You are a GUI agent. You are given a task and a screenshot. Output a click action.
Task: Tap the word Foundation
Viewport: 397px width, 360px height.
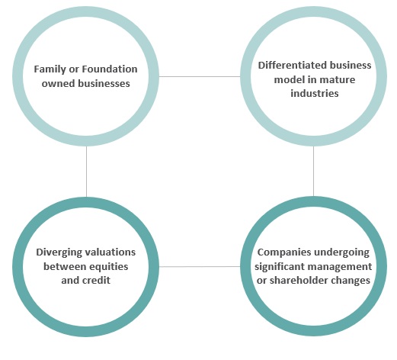[110, 69]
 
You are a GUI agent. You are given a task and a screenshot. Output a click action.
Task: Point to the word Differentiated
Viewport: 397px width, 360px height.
[290, 66]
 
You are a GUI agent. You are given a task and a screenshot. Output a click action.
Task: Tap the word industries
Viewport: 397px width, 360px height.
[315, 93]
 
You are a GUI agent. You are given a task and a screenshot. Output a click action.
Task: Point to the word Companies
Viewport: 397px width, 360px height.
[284, 252]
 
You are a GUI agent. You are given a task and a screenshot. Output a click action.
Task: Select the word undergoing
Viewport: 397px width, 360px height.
[342, 252]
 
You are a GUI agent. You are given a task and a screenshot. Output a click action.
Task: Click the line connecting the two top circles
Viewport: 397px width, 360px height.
[200, 76]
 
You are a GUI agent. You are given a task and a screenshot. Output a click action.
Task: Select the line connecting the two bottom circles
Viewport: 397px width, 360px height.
[200, 266]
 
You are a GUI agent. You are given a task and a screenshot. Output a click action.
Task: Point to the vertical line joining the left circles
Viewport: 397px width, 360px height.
[86, 172]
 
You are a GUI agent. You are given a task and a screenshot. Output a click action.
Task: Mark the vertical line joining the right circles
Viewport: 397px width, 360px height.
[313, 171]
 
